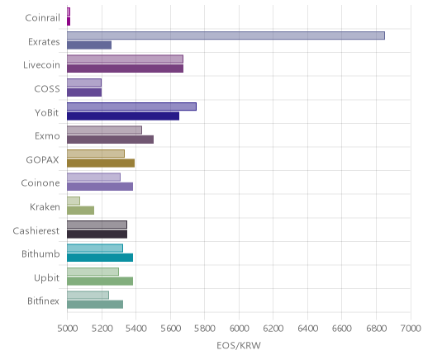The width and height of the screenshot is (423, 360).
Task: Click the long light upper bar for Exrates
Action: tap(226, 36)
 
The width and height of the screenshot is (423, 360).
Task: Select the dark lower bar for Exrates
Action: tap(89, 45)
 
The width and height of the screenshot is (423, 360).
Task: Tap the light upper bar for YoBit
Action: tap(131, 107)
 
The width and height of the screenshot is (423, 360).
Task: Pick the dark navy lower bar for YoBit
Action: tap(123, 116)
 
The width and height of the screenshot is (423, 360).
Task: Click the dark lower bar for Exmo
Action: tap(110, 140)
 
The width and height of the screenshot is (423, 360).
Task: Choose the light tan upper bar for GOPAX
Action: tap(96, 154)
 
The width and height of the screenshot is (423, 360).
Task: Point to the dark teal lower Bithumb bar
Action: tap(100, 258)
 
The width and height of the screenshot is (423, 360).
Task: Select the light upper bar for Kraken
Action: tap(74, 201)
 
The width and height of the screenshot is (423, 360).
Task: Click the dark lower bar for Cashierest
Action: tap(97, 234)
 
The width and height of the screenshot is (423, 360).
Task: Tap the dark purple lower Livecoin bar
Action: tap(125, 69)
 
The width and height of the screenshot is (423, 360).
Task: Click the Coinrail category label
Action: tap(42, 18)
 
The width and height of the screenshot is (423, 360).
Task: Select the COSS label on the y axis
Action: tap(47, 88)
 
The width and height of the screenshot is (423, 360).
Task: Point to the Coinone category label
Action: tap(40, 183)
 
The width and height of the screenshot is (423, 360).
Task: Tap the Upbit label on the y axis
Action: tap(46, 277)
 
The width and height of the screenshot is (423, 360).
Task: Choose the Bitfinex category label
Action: tap(43, 301)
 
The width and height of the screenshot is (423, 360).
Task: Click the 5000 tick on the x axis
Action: tap(68, 329)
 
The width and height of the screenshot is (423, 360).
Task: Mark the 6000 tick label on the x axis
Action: tap(239, 329)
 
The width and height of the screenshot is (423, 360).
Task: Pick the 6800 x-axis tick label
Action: tap(377, 329)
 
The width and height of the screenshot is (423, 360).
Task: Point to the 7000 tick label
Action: tap(411, 329)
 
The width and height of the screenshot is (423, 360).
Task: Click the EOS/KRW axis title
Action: tap(239, 345)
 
